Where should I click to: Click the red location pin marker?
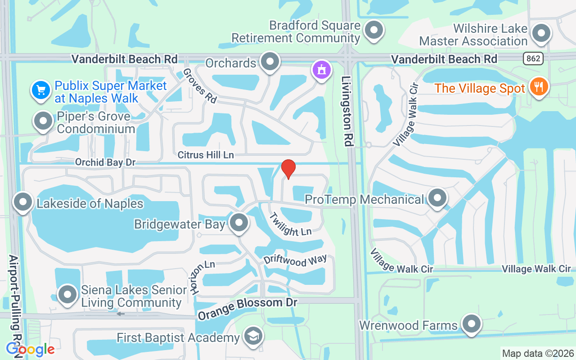[288, 169]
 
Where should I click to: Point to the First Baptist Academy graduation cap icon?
[253, 336]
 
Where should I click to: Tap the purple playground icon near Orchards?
[322, 70]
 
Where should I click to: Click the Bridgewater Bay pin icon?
[238, 222]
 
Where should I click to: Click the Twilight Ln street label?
[291, 225]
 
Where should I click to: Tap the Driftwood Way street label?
[295, 261]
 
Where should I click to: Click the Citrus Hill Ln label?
[206, 155]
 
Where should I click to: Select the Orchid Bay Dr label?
[105, 162]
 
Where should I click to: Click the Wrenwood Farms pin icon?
[471, 324]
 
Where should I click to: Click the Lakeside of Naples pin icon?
[23, 202]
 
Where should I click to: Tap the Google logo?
[30, 349]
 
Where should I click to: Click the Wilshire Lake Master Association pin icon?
[541, 33]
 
